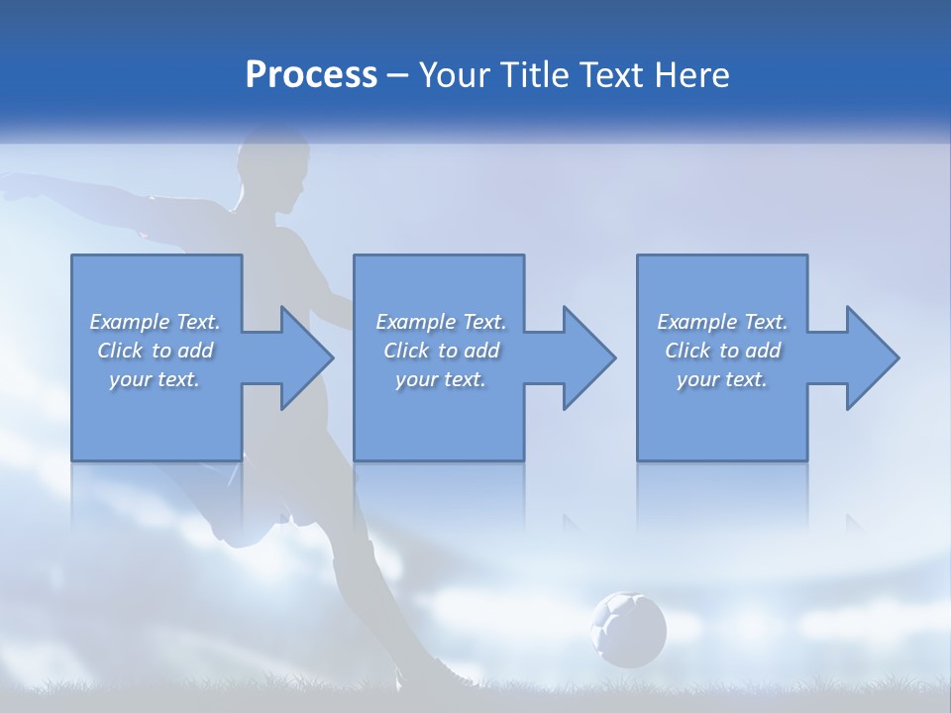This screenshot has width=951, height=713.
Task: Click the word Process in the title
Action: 311,75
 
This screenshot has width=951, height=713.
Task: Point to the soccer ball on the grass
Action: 628,629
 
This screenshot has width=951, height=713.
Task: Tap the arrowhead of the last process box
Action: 871,357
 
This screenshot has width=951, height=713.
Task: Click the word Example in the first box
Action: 130,322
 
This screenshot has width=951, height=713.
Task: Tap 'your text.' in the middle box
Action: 440,379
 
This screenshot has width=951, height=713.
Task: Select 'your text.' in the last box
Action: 722,379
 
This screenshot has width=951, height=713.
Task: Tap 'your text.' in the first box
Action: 155,379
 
